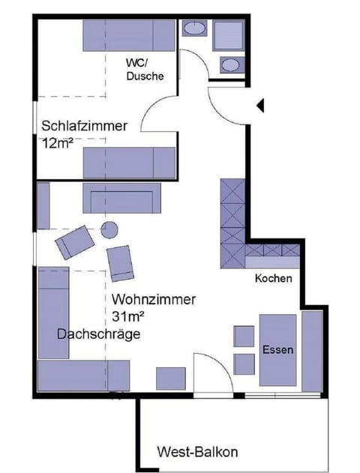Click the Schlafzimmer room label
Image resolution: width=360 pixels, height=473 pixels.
(84, 126)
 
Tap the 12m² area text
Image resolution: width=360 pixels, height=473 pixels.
(57, 143)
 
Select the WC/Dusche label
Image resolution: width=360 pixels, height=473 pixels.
(145, 70)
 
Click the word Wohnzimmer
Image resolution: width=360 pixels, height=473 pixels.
(154, 300)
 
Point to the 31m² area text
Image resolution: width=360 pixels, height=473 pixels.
(127, 317)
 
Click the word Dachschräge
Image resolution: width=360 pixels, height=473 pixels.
(99, 334)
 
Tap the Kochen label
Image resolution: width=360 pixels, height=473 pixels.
(274, 278)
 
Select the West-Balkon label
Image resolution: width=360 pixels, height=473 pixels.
(197, 452)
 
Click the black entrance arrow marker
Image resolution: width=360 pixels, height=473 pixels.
(260, 106)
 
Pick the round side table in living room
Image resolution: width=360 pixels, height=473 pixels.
(109, 230)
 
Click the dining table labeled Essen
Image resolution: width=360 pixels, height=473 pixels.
(278, 350)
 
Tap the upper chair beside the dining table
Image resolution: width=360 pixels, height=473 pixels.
(244, 337)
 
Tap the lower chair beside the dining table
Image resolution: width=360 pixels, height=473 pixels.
(244, 364)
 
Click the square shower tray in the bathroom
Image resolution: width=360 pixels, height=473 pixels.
(229, 35)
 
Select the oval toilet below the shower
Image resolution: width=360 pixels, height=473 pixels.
(232, 64)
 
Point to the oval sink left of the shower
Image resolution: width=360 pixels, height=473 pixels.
(195, 28)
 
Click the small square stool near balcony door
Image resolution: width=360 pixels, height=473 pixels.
(171, 379)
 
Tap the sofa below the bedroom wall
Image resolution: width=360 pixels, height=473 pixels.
(122, 198)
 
